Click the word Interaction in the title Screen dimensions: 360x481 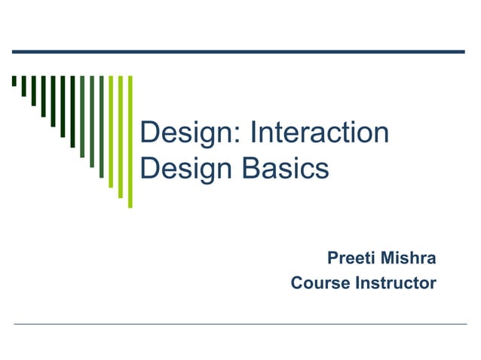(x=319, y=134)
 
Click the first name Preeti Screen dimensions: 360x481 (x=352, y=259)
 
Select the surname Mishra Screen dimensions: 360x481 (x=409, y=259)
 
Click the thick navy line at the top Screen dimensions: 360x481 (x=238, y=51)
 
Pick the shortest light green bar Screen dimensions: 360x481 (x=110, y=131)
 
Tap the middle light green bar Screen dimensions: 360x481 (x=120, y=136)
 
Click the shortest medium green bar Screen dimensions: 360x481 (x=82, y=117)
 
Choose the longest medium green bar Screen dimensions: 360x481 (x=101, y=127)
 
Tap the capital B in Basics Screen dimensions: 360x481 (x=253, y=168)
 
